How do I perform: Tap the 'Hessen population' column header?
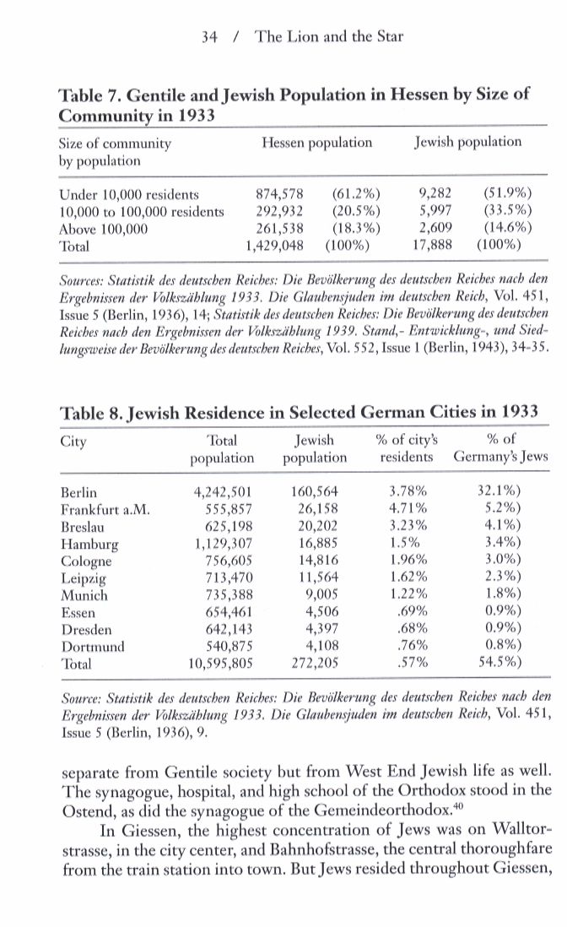click(x=316, y=142)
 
